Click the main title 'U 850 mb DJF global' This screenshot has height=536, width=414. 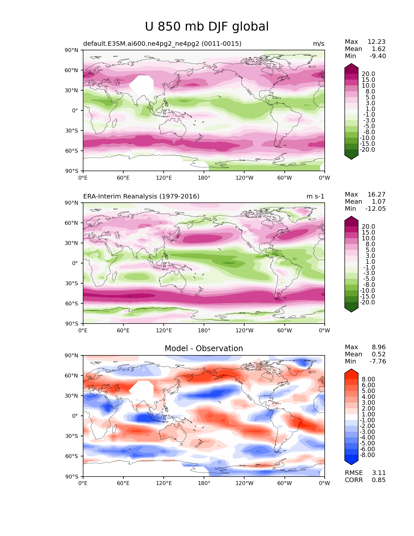207,26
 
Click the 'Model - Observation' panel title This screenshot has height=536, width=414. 204,348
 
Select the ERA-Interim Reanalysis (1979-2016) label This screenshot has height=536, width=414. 141,196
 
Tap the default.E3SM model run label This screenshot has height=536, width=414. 162,44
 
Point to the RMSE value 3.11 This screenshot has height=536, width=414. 379,473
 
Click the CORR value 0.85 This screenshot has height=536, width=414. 379,480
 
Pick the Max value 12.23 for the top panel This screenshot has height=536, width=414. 377,42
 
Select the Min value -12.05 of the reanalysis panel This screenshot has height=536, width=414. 376,209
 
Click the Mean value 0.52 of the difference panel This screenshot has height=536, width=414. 379,354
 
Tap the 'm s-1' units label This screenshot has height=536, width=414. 315,196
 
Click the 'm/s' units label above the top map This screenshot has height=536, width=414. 319,44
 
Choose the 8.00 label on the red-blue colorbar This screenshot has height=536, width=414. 369,379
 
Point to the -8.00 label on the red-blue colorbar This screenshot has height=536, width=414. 367,455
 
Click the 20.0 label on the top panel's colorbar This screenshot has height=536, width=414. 369,74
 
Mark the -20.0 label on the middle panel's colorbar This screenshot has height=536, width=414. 367,302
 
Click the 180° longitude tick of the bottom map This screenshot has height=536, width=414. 204,483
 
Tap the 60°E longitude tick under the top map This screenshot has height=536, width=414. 123,178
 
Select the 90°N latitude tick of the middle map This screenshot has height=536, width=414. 71,203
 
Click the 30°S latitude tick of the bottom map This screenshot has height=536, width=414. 71,436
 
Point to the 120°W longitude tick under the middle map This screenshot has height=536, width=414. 245,330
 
